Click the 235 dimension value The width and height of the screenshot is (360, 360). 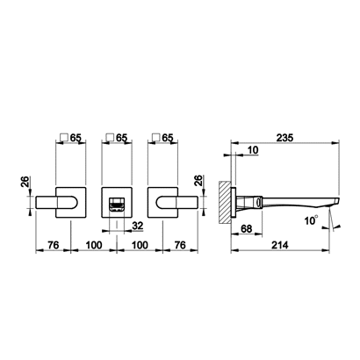[x=284, y=138]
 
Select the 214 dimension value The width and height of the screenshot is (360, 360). [x=280, y=245]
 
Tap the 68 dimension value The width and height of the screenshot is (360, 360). [x=247, y=228]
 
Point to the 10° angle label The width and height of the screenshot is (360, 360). [x=311, y=220]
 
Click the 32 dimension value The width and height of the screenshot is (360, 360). [x=138, y=226]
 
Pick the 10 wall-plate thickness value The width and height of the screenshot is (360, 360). [x=253, y=150]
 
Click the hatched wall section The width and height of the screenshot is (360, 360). [x=225, y=203]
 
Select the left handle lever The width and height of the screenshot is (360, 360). [x=57, y=203]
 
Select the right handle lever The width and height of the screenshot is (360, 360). [x=177, y=203]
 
